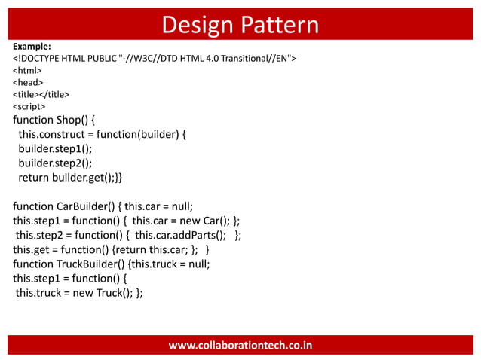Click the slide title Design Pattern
pos(240,24)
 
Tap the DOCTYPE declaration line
pos(155,59)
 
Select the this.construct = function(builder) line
pos(104,135)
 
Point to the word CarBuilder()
pos(84,207)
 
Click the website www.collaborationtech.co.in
pos(240,346)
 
